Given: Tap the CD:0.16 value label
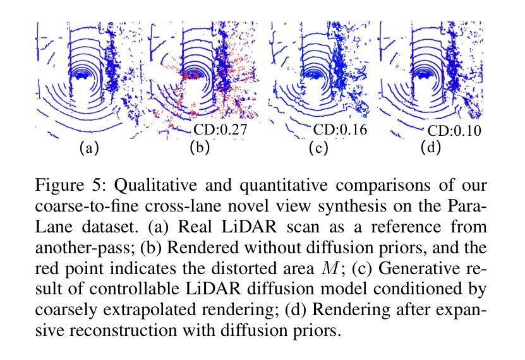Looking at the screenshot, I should point(341,130).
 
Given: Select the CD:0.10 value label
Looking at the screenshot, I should point(454,131).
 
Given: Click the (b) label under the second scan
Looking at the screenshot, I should point(200,148).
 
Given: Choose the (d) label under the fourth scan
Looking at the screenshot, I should point(431,148).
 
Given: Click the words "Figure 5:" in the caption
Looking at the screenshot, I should point(63,186).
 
